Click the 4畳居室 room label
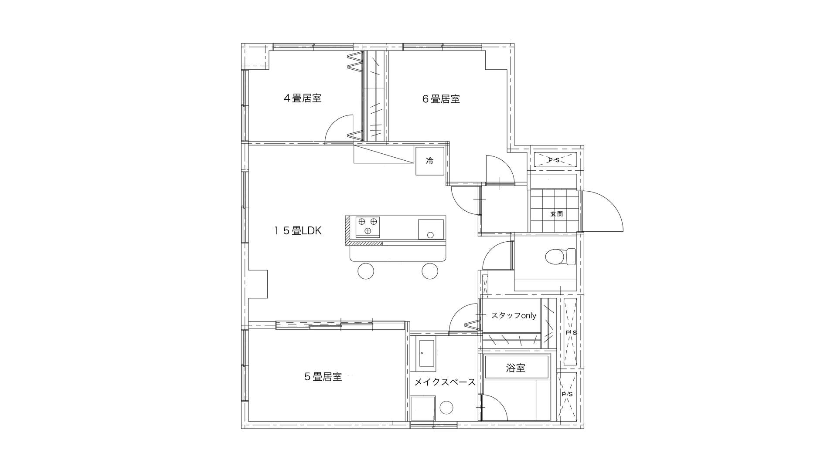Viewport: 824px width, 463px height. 303,98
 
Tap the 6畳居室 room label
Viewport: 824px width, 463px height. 441,99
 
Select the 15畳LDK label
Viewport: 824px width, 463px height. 298,231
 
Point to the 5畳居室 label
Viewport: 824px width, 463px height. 323,377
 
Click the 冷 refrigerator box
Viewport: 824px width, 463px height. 430,161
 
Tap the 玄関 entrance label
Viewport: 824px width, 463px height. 556,214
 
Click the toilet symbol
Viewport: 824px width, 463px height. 560,257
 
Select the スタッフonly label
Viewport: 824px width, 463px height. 514,316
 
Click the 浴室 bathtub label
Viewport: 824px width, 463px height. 516,368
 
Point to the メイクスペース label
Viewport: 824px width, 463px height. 445,382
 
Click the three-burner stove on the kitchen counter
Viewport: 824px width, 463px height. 368,226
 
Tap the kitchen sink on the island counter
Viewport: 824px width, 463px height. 431,230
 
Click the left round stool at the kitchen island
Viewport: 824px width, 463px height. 365,271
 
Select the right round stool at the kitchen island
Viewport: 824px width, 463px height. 430,271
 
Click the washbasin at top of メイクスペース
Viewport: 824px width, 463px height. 426,354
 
